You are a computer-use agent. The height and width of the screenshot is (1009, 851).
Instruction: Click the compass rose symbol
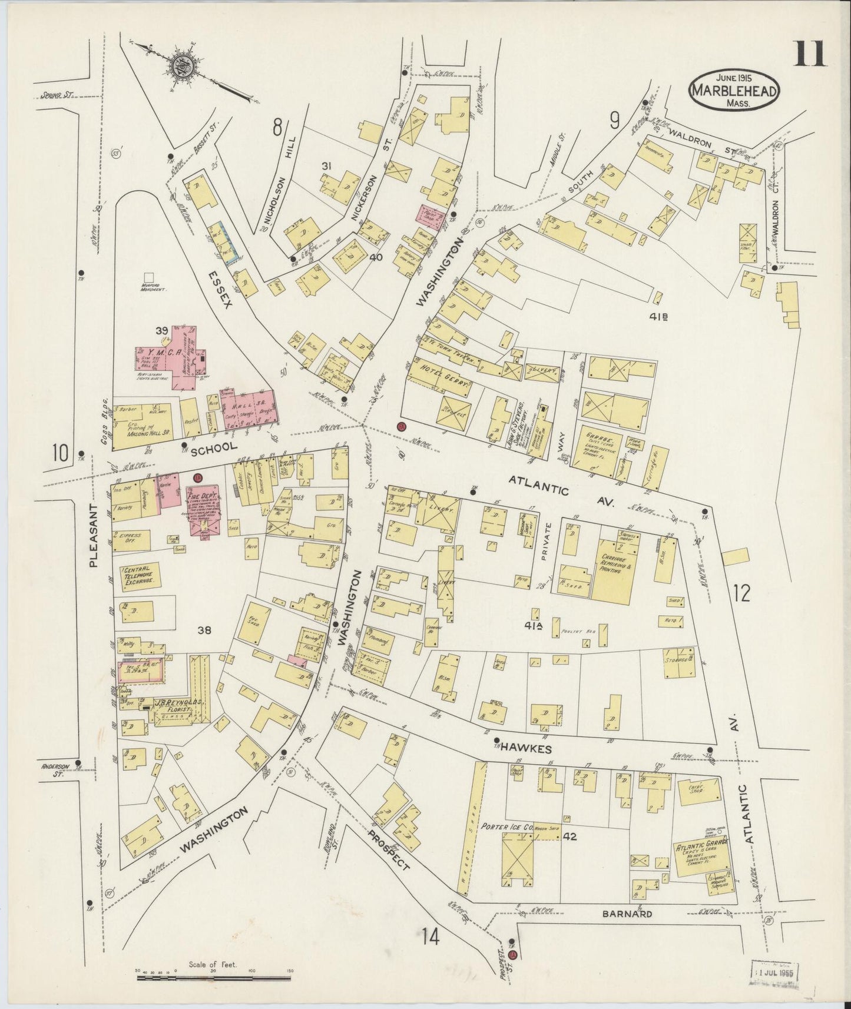181,67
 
